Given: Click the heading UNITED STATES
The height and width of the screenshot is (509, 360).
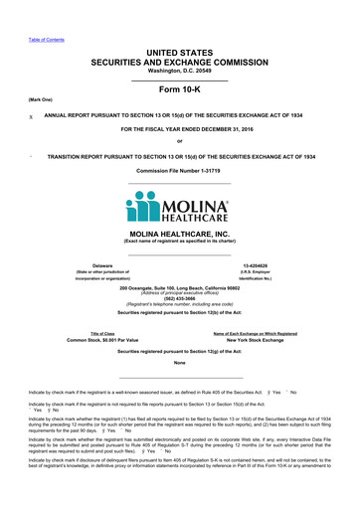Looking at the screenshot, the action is click(179, 50).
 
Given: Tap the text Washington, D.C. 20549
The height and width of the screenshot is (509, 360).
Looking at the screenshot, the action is click(179, 71).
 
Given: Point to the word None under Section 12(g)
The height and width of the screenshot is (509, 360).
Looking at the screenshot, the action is click(179, 363).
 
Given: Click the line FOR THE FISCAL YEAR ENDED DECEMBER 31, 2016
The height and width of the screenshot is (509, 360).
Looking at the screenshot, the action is click(179, 129).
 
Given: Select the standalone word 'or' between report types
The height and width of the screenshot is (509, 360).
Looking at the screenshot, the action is click(179, 141).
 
